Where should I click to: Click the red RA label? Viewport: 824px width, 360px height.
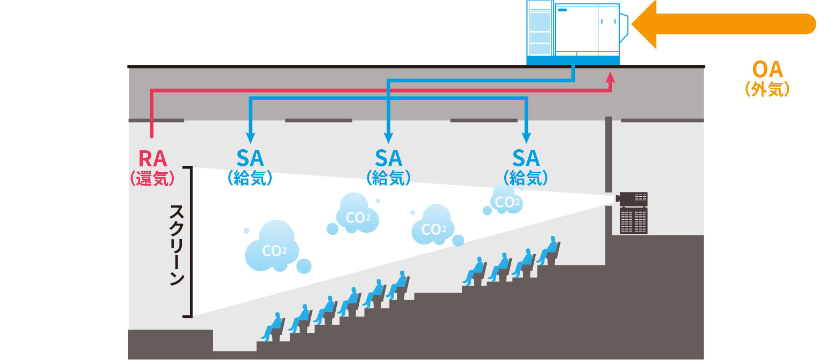click(153, 159)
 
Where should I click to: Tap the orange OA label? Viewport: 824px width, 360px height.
click(767, 70)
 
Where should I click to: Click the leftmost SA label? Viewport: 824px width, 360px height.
click(250, 158)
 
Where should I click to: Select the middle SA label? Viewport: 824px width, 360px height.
click(389, 158)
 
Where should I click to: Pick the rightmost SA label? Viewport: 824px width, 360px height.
click(526, 158)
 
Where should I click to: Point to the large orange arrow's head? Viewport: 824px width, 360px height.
click(644, 25)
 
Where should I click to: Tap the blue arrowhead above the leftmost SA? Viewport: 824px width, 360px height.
click(250, 137)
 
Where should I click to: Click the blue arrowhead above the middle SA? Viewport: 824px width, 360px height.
click(389, 137)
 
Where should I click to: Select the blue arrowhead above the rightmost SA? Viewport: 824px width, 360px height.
click(527, 137)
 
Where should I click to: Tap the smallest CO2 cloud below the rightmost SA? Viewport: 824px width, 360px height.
click(505, 201)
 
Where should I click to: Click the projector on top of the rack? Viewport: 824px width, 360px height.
click(632, 199)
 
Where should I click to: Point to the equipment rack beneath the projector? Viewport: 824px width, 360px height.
click(633, 220)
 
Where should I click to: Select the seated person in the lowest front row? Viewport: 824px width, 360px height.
click(274, 327)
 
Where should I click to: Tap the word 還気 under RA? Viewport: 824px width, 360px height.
click(153, 179)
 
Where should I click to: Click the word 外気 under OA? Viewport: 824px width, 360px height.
click(767, 89)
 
